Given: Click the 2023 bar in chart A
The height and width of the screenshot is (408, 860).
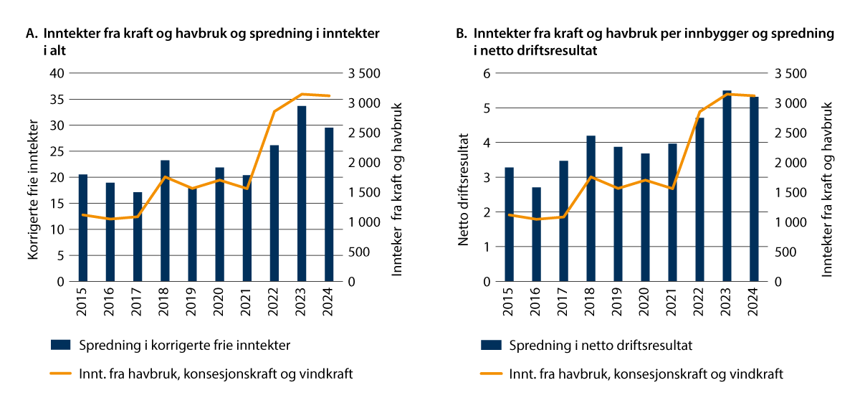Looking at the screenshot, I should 302,194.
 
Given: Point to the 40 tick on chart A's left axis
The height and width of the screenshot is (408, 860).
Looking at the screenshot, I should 57,73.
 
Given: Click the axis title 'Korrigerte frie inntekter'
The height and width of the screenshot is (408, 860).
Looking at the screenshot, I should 32,178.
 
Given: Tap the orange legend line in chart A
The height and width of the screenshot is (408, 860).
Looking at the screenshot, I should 61,374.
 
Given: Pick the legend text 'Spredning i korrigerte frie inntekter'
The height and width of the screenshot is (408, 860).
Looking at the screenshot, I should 185,346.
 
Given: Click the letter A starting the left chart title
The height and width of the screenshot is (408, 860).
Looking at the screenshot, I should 30,34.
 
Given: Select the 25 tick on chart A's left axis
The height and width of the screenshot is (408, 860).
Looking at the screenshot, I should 57,151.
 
